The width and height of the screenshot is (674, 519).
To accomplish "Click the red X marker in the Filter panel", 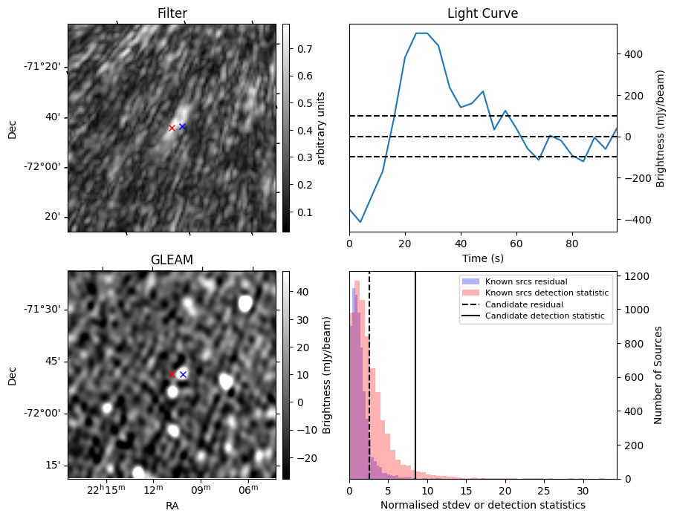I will point(172,128).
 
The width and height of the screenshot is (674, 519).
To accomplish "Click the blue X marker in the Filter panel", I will point(182,127).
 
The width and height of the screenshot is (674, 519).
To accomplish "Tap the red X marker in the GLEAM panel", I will point(172,375).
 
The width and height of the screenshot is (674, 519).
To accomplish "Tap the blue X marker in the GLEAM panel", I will point(183,374).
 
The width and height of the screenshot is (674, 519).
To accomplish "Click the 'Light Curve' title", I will point(482,13).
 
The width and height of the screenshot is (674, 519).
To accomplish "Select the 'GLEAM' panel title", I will point(172,260).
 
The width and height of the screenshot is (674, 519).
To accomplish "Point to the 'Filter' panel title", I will point(172,13).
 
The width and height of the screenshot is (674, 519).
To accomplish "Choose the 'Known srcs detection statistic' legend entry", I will point(546,293).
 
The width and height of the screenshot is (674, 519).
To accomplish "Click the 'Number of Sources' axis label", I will point(658,375).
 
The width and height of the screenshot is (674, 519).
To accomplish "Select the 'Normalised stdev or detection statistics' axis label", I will point(482,505).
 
